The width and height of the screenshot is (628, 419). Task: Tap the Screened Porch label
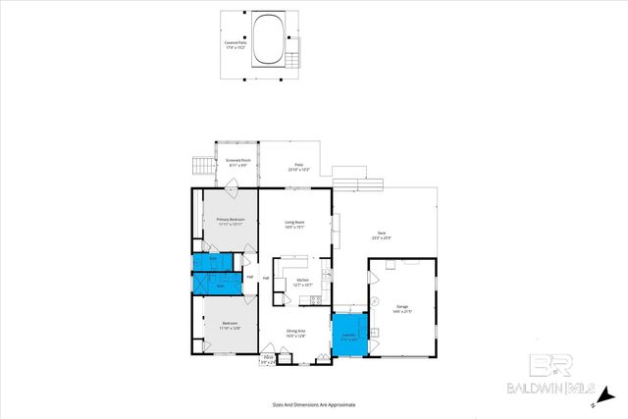point(237,163)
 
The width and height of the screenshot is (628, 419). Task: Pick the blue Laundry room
point(349,334)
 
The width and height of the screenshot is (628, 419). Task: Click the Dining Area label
point(297,334)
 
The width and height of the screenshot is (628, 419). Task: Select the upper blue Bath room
point(211,262)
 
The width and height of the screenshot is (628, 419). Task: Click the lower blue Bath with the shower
point(214,284)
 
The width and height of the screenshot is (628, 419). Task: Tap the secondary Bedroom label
point(230,325)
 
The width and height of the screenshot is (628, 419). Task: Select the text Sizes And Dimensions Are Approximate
point(313,404)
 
